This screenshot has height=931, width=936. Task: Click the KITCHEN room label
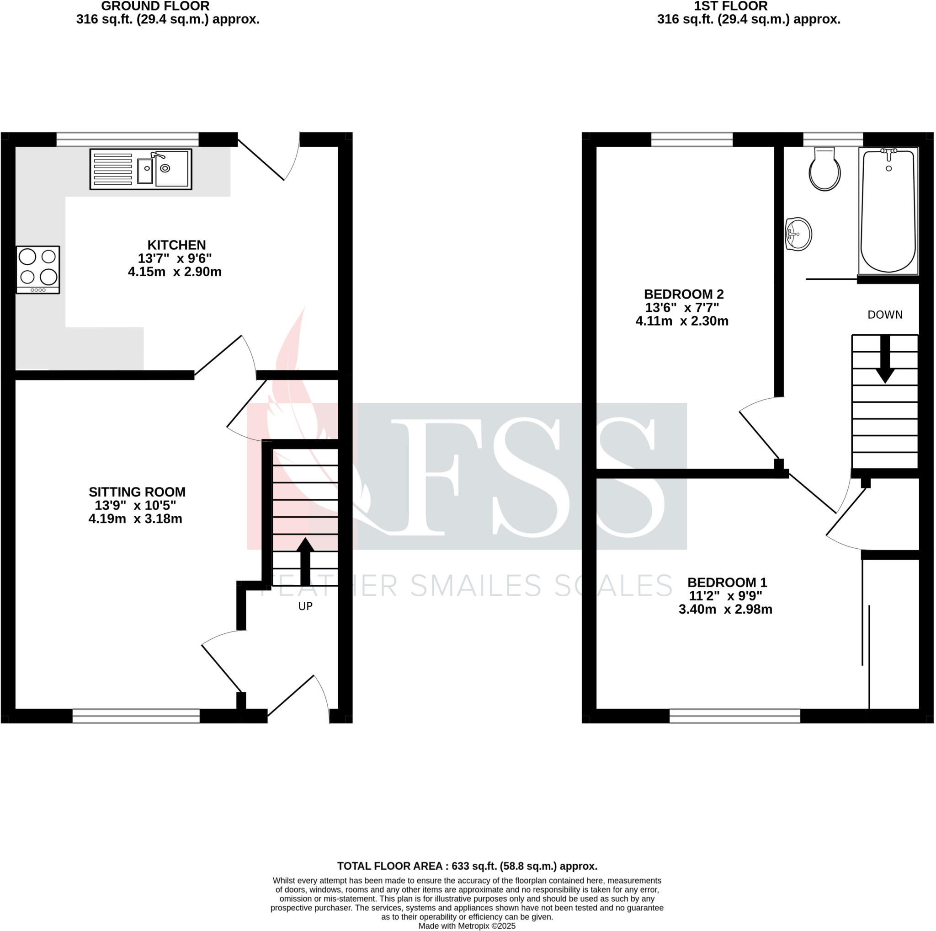(x=176, y=245)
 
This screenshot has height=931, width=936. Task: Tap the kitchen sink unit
(x=140, y=169)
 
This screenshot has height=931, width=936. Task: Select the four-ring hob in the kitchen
(x=38, y=269)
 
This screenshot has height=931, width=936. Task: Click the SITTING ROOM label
(x=137, y=492)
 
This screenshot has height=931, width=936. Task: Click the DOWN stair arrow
(x=885, y=359)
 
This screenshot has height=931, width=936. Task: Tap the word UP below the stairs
(x=305, y=606)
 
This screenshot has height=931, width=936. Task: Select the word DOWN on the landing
(x=885, y=315)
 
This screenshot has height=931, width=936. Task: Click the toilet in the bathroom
(x=824, y=170)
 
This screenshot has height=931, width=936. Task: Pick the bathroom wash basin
(x=798, y=235)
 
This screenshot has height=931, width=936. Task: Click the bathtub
(x=888, y=211)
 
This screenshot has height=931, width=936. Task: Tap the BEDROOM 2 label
(x=683, y=294)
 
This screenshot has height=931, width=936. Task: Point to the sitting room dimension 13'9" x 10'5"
(x=135, y=505)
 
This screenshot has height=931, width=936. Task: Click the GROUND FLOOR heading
(x=155, y=6)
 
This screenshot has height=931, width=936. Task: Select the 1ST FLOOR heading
(x=731, y=6)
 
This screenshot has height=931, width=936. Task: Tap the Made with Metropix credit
(x=467, y=926)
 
